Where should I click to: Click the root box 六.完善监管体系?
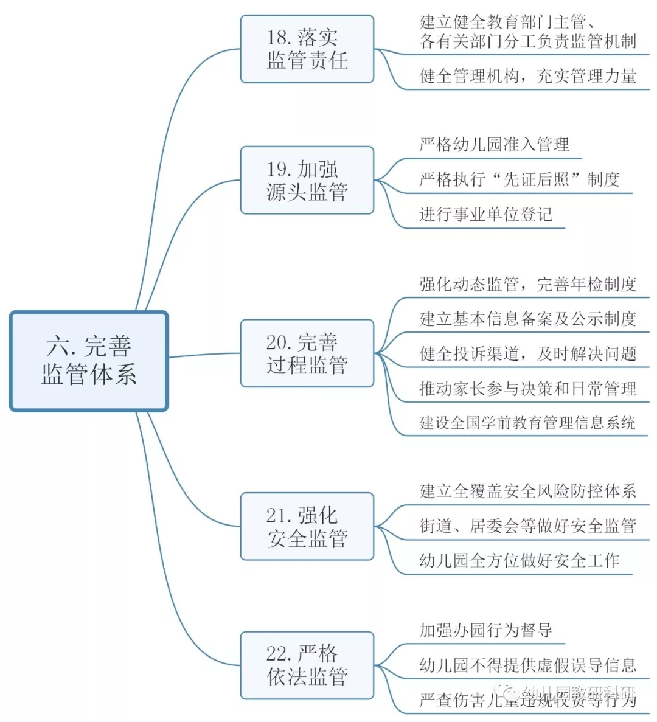tap(89, 361)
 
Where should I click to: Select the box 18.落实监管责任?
tap(307, 49)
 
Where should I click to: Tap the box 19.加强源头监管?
tap(307, 180)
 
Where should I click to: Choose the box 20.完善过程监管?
tap(307, 353)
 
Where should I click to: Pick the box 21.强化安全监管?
tap(307, 526)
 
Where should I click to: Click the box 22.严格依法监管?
tap(307, 665)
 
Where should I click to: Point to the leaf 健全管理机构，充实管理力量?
tap(527, 76)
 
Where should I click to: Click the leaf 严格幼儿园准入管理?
tap(494, 145)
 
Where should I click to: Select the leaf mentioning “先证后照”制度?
tap(519, 179)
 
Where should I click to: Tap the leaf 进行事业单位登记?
tap(485, 214)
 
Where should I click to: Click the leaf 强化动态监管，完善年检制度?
tap(527, 284)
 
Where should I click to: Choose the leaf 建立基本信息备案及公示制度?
tap(527, 319)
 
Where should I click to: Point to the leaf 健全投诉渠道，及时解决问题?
tap(527, 353)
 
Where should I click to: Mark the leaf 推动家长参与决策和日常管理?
tap(527, 388)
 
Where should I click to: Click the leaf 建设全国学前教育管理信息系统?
tap(527, 423)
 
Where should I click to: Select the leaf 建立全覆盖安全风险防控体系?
tap(527, 491)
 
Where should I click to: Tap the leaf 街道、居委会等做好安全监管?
tap(527, 526)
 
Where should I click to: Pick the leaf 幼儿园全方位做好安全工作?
tap(519, 560)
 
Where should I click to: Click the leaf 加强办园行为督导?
tap(485, 630)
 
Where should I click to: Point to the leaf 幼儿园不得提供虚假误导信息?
tap(527, 665)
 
